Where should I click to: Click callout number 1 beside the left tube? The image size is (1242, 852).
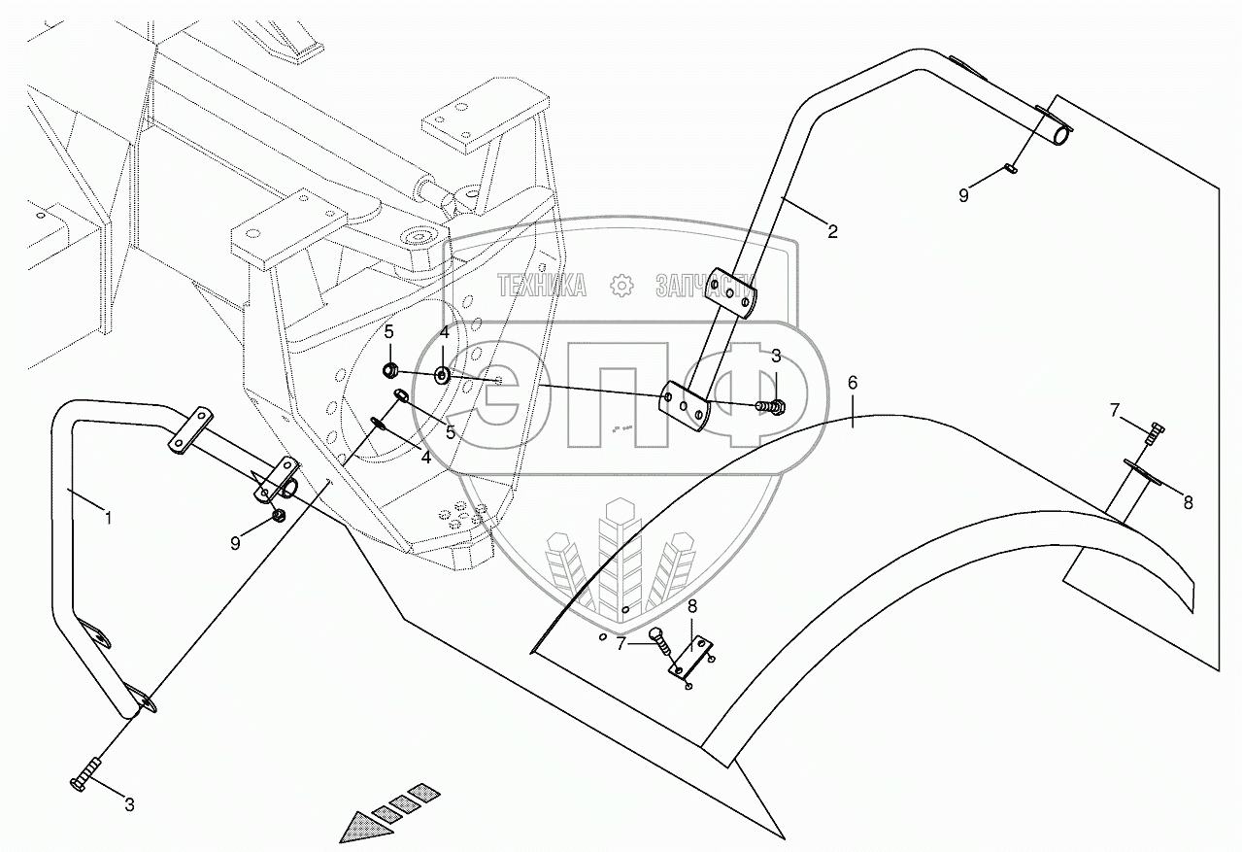pyautogui.click(x=109, y=519)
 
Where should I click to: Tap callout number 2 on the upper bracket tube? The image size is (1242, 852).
pyautogui.click(x=832, y=231)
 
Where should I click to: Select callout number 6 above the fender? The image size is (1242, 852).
pyautogui.click(x=853, y=383)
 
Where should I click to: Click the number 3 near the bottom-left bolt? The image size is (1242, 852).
pyautogui.click(x=128, y=803)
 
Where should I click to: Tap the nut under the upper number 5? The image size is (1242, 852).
pyautogui.click(x=389, y=369)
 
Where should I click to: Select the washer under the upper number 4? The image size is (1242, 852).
pyautogui.click(x=443, y=374)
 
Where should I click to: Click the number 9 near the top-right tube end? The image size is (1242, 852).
pyautogui.click(x=963, y=195)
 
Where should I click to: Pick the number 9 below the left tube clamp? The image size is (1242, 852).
pyautogui.click(x=235, y=543)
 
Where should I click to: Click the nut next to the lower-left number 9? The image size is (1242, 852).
pyautogui.click(x=278, y=515)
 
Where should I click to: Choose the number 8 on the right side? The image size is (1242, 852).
pyautogui.click(x=1188, y=503)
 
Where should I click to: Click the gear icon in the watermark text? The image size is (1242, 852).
pyautogui.click(x=621, y=285)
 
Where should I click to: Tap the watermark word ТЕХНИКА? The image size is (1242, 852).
pyautogui.click(x=541, y=285)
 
